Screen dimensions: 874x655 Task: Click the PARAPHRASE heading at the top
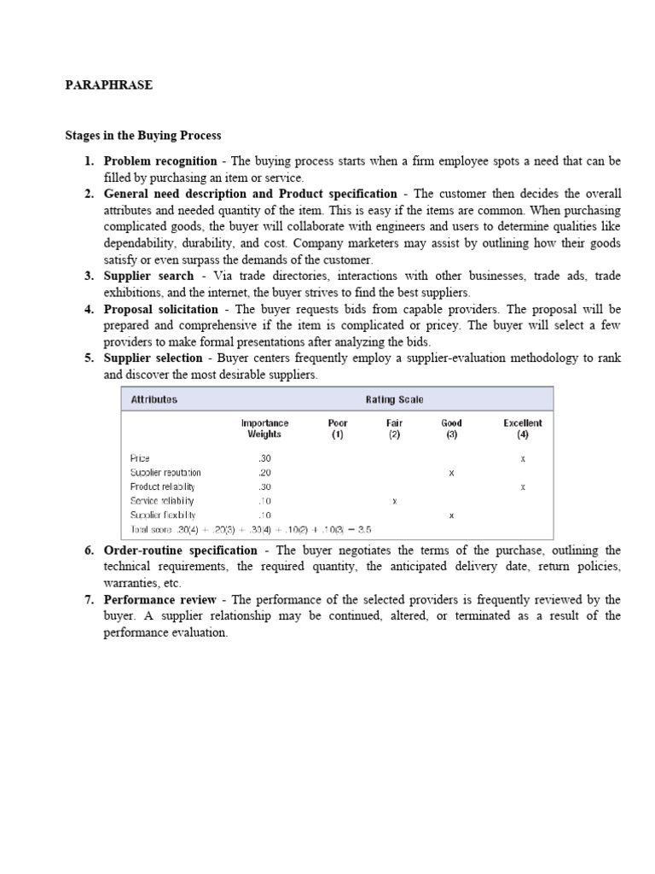click(109, 86)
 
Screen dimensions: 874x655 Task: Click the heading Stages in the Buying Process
click(143, 136)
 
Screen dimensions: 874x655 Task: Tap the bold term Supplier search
click(148, 277)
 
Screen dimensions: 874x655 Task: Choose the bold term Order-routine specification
click(180, 551)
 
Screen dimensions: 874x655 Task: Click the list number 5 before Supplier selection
click(89, 358)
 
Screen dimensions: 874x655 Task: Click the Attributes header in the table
click(154, 399)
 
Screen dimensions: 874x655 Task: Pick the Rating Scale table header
click(394, 399)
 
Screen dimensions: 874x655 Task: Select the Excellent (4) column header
click(522, 428)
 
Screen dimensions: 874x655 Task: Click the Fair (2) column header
click(394, 428)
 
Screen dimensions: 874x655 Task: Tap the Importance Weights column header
click(264, 428)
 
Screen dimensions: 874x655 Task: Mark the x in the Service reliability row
click(394, 501)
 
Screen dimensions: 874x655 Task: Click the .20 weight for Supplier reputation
click(264, 472)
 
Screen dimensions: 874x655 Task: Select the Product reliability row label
click(162, 487)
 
